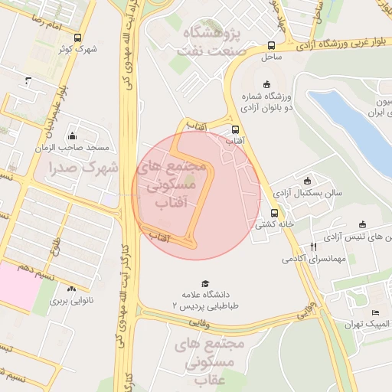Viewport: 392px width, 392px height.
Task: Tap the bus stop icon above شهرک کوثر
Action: [x=77, y=38]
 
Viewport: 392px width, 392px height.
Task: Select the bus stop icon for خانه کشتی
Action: [x=274, y=213]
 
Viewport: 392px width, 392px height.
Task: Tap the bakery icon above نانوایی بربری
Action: [x=71, y=289]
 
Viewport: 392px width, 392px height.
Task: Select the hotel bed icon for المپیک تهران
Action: [x=374, y=312]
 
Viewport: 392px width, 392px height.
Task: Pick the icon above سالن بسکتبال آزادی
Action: [x=308, y=181]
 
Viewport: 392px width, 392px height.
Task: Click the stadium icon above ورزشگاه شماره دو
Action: [x=266, y=84]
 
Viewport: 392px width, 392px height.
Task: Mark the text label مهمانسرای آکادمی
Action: [x=314, y=259]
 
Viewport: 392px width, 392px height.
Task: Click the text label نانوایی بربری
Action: [x=71, y=301]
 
